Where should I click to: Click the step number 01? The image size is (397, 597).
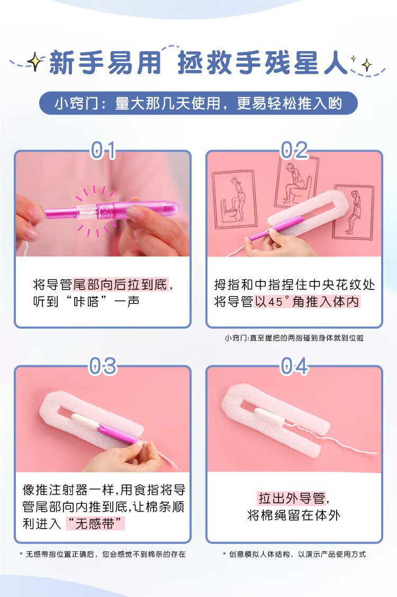tap(102, 150)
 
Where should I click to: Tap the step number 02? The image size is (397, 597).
tap(294, 150)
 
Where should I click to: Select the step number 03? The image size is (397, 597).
tap(102, 366)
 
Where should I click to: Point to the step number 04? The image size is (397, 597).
tap(294, 366)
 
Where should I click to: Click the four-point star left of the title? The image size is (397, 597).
tap(35, 62)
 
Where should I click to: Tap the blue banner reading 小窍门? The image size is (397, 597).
tap(198, 103)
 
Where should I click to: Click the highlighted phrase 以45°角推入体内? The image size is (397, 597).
tap(307, 302)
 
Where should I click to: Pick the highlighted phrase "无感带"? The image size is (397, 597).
tap(95, 523)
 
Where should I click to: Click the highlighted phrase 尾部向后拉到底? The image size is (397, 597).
tap(120, 284)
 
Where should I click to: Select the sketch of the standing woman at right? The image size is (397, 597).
tap(354, 212)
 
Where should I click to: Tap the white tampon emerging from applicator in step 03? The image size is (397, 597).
tap(86, 421)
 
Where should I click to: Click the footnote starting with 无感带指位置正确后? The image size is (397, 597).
tap(102, 555)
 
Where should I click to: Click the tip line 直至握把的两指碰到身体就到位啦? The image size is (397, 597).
tap(306, 338)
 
